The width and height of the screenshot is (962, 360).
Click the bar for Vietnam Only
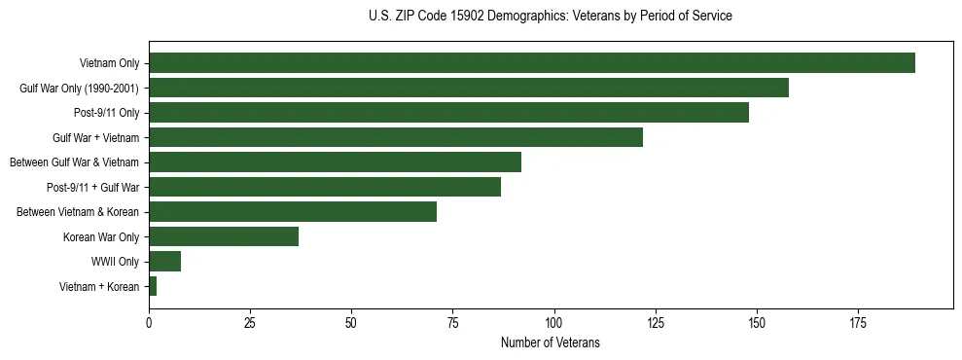pyautogui.click(x=532, y=63)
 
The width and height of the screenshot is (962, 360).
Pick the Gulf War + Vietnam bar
pyautogui.click(x=396, y=137)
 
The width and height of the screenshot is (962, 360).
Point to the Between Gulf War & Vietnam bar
pyautogui.click(x=335, y=162)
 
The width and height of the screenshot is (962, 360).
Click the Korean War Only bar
pyautogui.click(x=224, y=236)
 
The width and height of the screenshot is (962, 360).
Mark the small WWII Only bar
pyautogui.click(x=164, y=262)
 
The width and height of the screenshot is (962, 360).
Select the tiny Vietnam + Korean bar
pyautogui.click(x=153, y=286)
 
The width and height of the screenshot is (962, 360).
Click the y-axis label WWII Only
pyautogui.click(x=115, y=262)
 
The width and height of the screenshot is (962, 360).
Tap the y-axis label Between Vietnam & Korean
pyautogui.click(x=78, y=212)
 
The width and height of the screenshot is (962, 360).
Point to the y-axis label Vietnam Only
pyautogui.click(x=109, y=63)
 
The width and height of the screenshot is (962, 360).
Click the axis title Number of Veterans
pyautogui.click(x=550, y=342)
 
